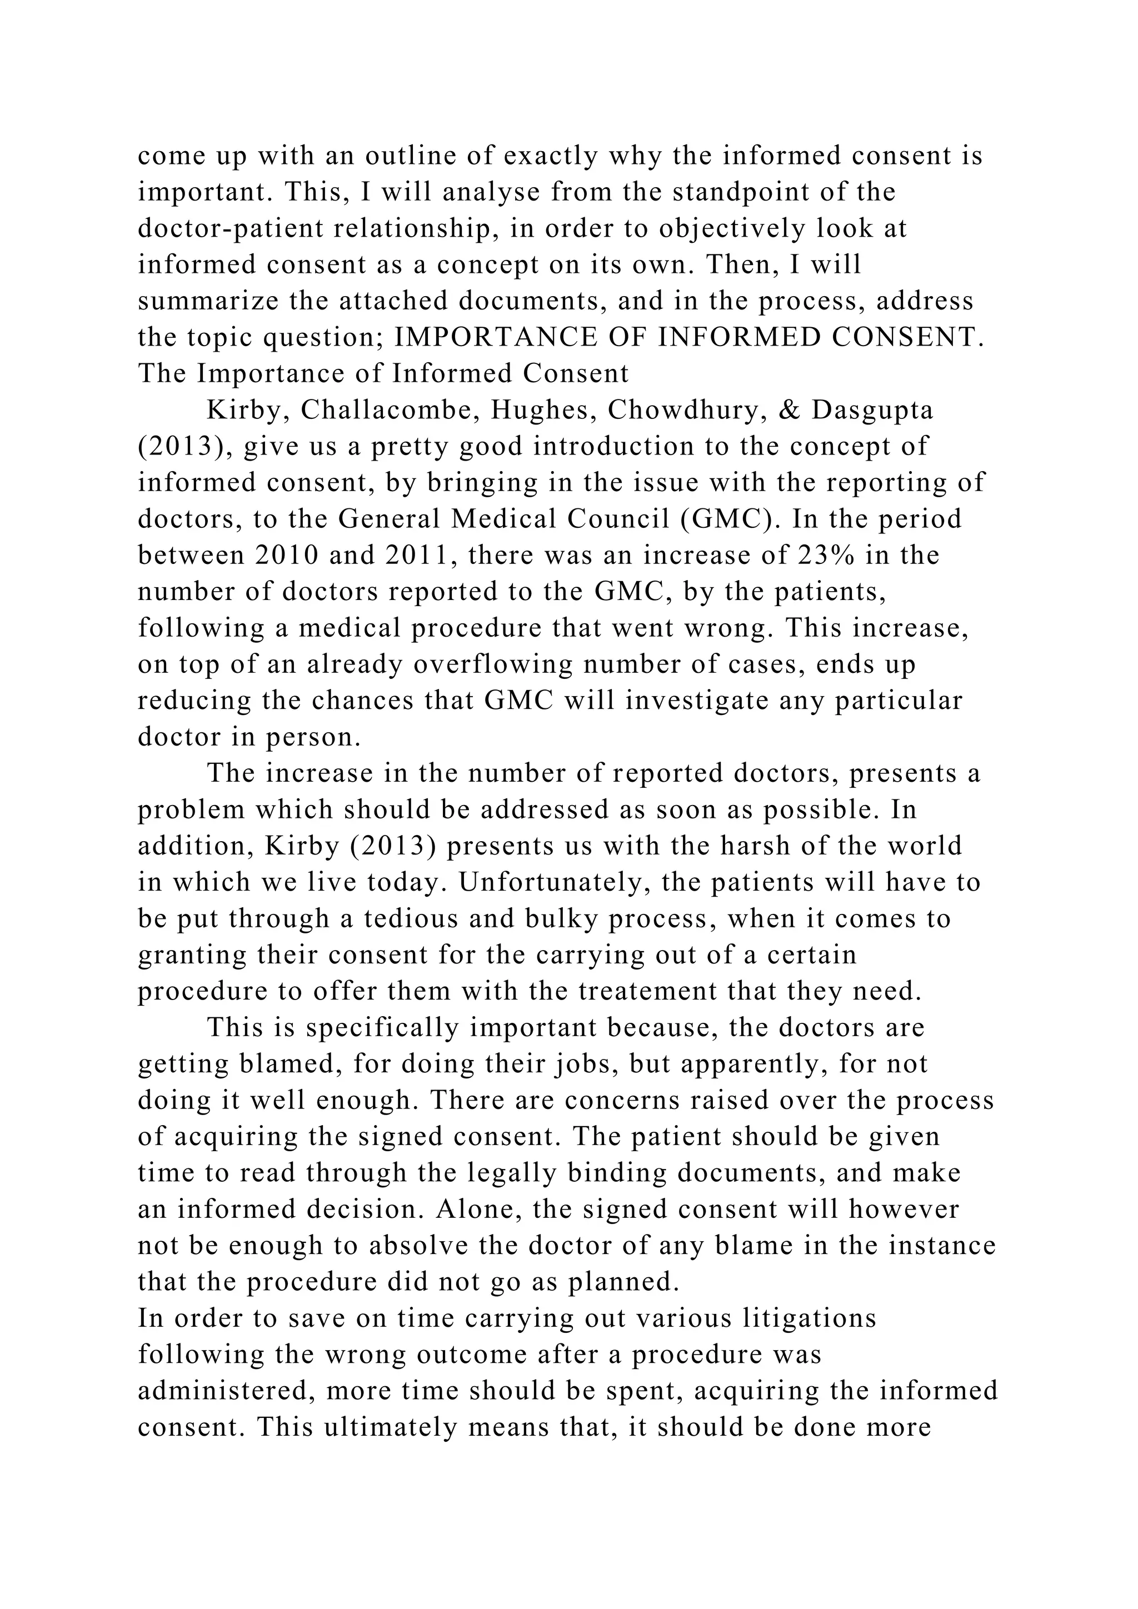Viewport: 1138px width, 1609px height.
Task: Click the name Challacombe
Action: click(389, 410)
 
